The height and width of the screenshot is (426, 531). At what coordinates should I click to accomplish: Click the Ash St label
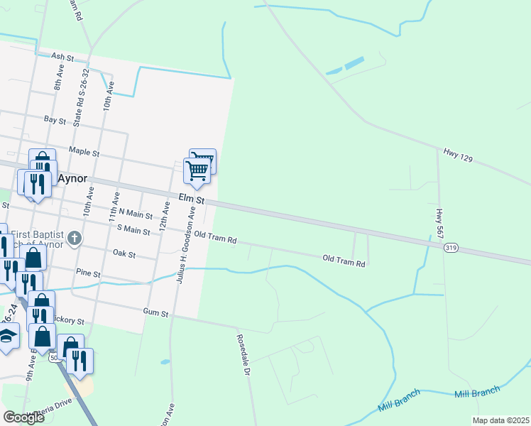click(x=62, y=57)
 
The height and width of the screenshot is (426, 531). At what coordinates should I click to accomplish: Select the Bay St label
click(x=55, y=121)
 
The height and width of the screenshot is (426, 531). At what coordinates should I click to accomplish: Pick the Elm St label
click(x=191, y=200)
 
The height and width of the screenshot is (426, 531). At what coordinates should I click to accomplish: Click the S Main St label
click(x=134, y=230)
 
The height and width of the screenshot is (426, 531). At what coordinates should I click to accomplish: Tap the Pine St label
click(x=88, y=273)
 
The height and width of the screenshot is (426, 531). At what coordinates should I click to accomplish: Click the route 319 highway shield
click(x=451, y=248)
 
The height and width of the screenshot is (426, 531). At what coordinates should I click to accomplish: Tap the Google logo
click(x=23, y=417)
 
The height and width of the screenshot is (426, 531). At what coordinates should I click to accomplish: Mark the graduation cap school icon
click(x=6, y=336)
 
